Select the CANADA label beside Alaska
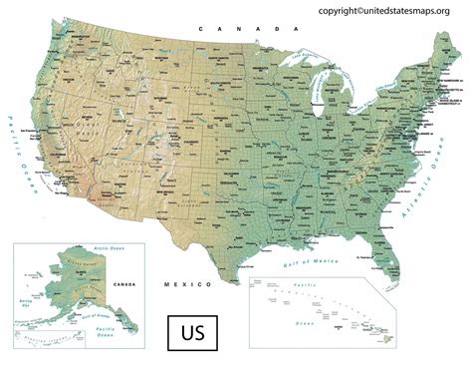124,284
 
